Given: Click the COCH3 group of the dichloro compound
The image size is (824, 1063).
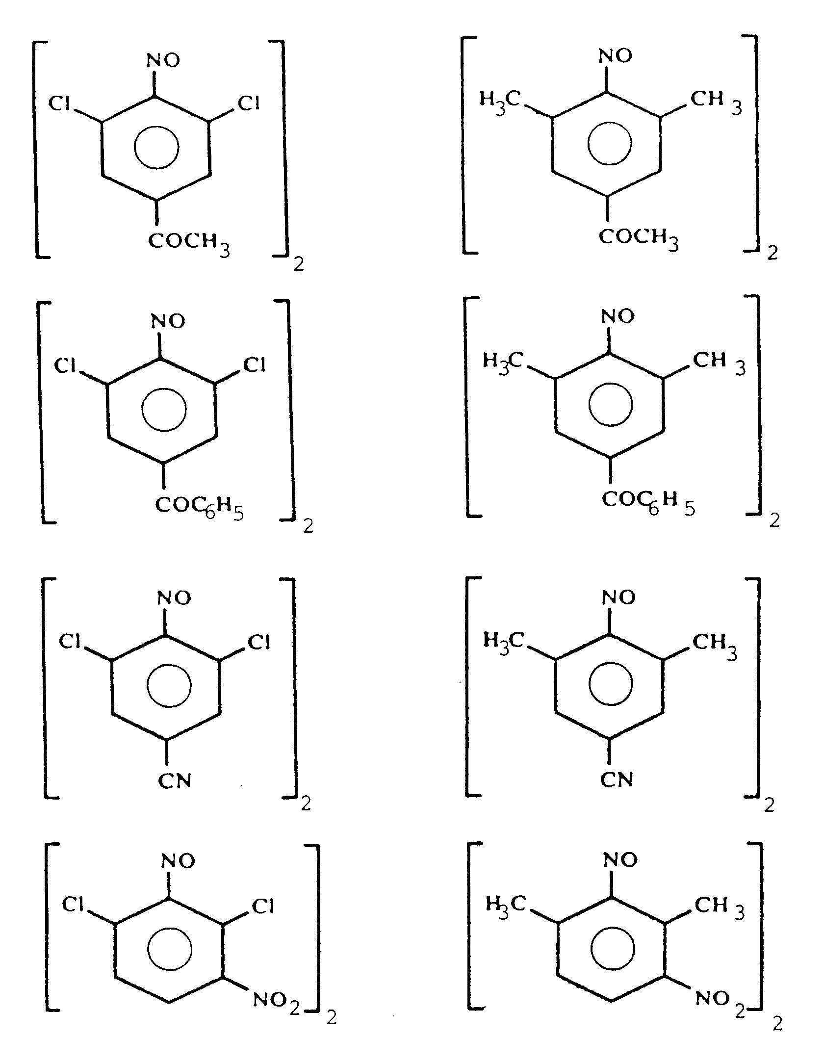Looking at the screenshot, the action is (189, 243).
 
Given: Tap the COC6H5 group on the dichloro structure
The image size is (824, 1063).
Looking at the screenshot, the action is (199, 508).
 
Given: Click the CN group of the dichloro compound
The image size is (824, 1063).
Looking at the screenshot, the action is (175, 781).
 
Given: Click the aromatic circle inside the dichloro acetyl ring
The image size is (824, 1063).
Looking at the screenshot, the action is (156, 149).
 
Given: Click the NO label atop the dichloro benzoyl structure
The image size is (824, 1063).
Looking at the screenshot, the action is (168, 322).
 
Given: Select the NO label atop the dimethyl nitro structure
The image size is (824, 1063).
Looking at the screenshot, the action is (620, 859).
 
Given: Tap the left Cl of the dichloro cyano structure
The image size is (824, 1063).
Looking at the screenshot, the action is (70, 641).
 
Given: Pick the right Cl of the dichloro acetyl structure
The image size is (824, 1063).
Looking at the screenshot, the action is (249, 104).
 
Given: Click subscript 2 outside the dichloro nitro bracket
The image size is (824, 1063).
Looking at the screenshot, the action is (332, 1019).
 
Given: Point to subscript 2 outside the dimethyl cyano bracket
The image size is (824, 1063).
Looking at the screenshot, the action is (770, 805).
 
